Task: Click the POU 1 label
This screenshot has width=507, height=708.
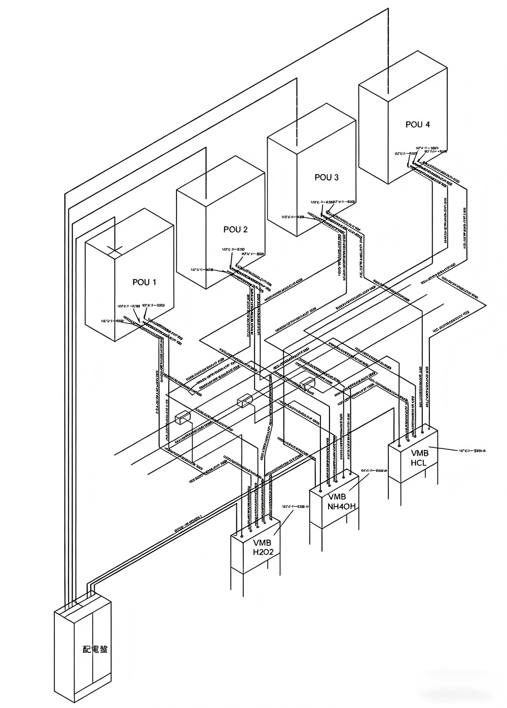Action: click(x=144, y=282)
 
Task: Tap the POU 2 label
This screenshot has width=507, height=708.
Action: click(x=235, y=229)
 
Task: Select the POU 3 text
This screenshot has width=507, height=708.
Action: click(x=327, y=177)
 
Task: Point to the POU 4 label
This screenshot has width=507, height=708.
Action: click(x=418, y=124)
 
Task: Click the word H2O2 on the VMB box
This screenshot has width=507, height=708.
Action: click(x=263, y=552)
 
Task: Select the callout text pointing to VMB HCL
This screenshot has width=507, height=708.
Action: click(x=472, y=450)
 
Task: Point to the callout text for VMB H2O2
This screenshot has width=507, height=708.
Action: click(x=296, y=506)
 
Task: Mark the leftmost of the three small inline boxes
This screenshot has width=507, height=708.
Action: click(x=182, y=418)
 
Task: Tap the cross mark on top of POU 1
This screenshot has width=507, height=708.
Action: click(x=115, y=250)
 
